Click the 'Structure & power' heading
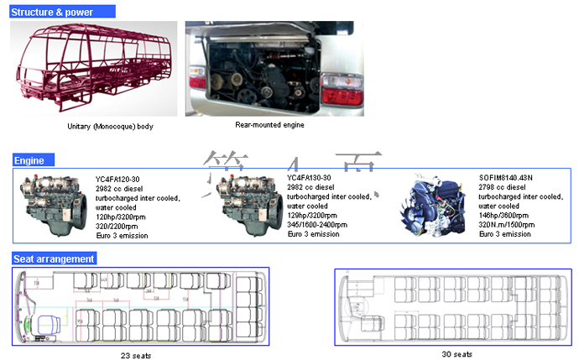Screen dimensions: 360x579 53,12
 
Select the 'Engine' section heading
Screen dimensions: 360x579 29,160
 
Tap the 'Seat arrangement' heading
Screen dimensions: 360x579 54,258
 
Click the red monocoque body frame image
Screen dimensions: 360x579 97,70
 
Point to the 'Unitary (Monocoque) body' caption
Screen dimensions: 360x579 110,127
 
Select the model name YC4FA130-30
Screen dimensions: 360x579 310,178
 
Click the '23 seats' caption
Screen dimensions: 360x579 136,356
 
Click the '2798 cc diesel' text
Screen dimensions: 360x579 503,187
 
